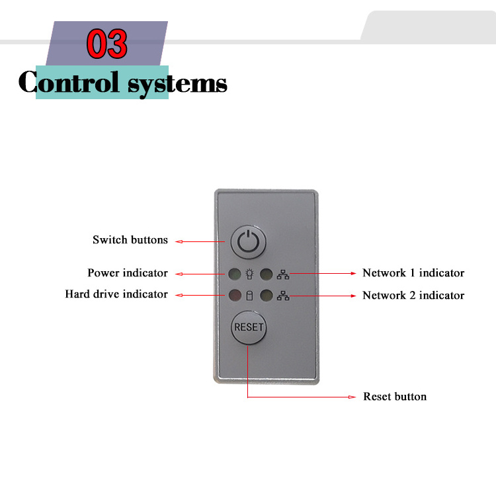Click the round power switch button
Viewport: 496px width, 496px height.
pos(248,242)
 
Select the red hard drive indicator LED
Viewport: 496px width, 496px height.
pos(234,296)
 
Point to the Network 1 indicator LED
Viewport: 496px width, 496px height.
pos(266,273)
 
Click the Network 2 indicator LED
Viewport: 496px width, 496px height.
pos(266,296)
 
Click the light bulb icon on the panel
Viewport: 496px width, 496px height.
pos(249,273)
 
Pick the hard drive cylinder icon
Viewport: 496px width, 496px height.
pos(249,296)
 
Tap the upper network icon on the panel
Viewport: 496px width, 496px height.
pos(283,273)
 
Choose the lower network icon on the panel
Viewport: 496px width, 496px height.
pos(283,296)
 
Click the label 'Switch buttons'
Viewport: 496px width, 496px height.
pos(130,240)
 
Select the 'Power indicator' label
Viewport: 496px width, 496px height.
pos(128,273)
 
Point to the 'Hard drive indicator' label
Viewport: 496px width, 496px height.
pos(116,294)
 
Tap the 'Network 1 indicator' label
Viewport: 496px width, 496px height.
pos(413,273)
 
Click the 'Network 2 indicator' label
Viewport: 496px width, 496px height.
pos(413,296)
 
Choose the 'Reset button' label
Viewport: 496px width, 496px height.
pos(395,397)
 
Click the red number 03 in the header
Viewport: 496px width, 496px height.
pos(107,44)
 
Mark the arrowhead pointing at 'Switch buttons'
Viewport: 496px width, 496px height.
pos(179,241)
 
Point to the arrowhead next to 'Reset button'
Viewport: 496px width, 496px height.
pos(353,397)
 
